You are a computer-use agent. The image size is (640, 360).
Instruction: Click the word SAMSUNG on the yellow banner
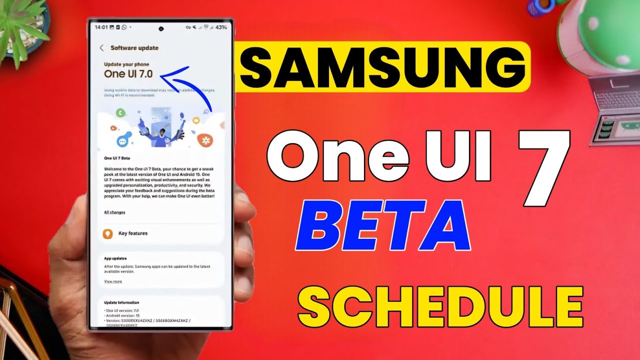click(383, 67)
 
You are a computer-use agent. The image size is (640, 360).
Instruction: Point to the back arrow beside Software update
click(101, 48)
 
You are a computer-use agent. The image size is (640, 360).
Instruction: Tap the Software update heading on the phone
click(134, 48)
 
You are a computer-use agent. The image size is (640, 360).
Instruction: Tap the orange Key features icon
click(107, 233)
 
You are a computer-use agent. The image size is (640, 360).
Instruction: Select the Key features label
click(132, 233)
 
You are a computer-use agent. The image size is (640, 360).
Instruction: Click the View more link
click(112, 282)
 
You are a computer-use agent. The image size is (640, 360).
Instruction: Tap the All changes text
click(114, 212)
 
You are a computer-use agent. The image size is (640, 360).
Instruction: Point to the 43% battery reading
click(221, 27)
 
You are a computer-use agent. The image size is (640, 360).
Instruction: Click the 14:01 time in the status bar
click(101, 27)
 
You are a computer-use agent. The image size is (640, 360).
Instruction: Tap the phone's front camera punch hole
click(162, 28)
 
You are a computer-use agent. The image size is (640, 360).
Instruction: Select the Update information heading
click(121, 303)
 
